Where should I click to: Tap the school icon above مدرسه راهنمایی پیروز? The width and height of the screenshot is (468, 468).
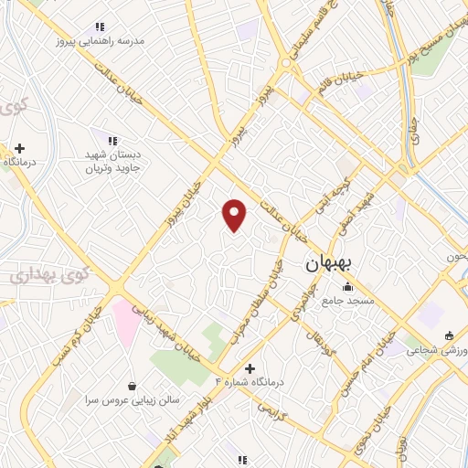tap(101, 27)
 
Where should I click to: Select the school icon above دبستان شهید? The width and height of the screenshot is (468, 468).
tap(112, 141)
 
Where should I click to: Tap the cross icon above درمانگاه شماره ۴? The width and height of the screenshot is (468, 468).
tap(250, 367)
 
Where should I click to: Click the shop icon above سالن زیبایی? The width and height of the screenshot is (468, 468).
tap(133, 386)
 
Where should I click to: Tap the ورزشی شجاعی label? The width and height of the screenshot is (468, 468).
tap(437, 350)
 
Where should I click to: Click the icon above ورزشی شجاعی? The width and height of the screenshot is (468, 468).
tap(449, 335)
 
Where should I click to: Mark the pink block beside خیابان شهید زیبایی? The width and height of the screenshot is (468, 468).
tap(124, 319)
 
